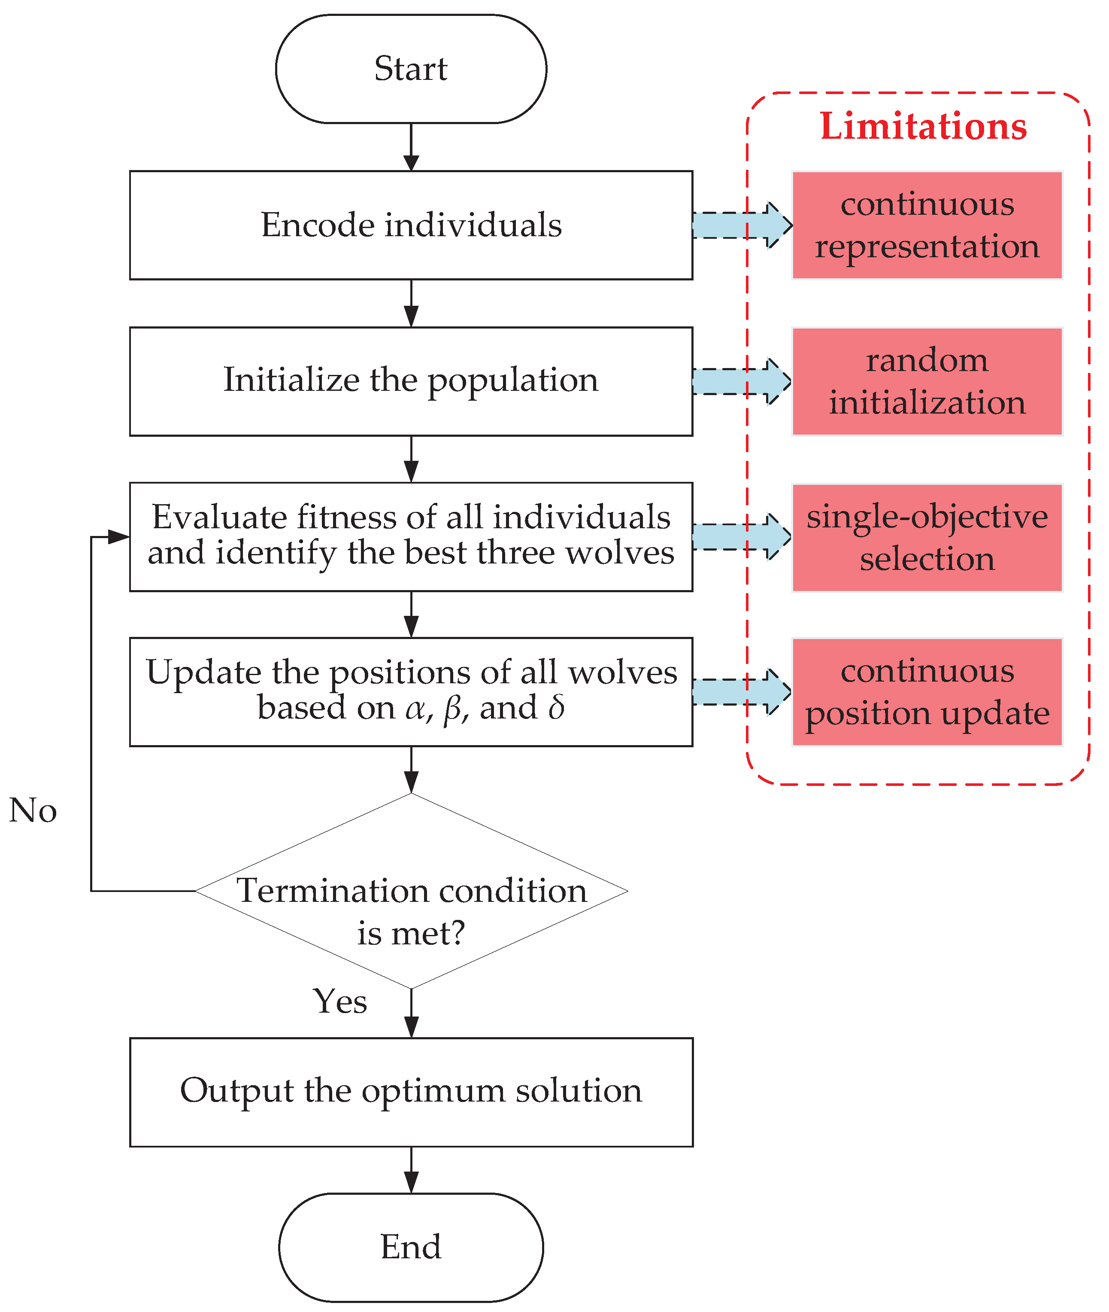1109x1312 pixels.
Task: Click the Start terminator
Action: pos(411,69)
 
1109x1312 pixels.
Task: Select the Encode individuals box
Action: pos(411,225)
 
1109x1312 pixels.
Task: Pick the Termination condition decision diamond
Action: pos(411,891)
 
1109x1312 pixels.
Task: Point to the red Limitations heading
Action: pos(922,126)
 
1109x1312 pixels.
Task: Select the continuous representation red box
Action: pos(927,225)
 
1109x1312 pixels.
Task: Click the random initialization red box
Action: pos(927,381)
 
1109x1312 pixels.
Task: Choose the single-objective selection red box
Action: pos(927,537)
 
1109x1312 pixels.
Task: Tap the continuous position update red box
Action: pos(927,692)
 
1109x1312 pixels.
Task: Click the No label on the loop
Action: pos(33,810)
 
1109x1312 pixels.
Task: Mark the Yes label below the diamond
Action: pos(340,1002)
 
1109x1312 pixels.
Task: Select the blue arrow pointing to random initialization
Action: pos(741,381)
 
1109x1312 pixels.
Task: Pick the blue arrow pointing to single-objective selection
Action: pos(741,536)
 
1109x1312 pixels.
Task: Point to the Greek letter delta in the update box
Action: pos(556,708)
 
